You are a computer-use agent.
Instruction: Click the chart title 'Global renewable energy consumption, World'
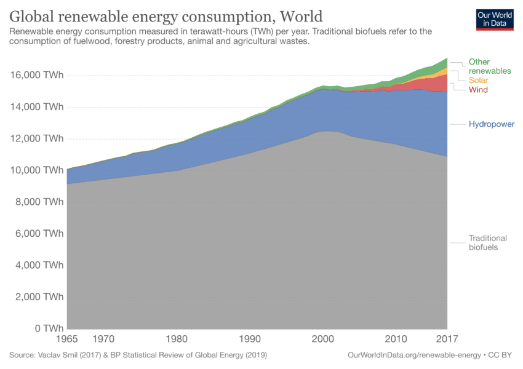pos(166,15)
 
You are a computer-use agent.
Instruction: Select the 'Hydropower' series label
pos(491,124)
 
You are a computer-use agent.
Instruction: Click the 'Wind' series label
pos(478,90)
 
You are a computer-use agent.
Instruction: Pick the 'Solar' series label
pos(479,81)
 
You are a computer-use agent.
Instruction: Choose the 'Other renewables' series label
pos(489,66)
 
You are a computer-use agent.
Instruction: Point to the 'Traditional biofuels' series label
pos(487,242)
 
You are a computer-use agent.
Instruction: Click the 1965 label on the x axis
pos(68,339)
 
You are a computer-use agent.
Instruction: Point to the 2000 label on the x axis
pos(323,339)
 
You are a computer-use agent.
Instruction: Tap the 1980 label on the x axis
pos(177,339)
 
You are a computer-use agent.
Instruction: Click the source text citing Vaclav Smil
pos(138,355)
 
